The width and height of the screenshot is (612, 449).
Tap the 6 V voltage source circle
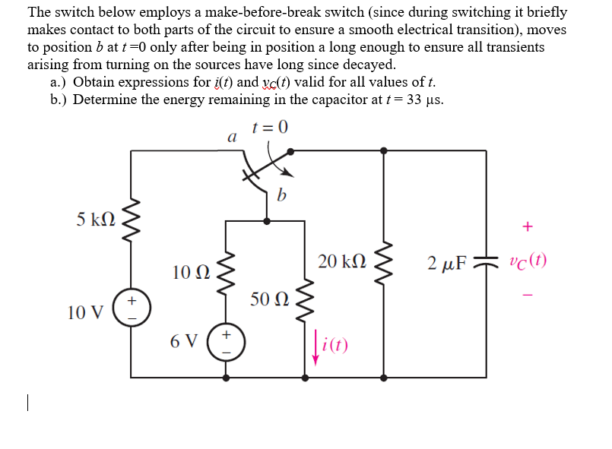(x=226, y=340)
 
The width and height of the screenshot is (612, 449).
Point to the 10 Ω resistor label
(x=192, y=271)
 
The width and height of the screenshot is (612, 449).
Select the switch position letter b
(x=282, y=197)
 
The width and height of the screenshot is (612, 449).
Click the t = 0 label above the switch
(x=270, y=127)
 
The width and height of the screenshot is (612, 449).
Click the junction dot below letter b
(x=267, y=221)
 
